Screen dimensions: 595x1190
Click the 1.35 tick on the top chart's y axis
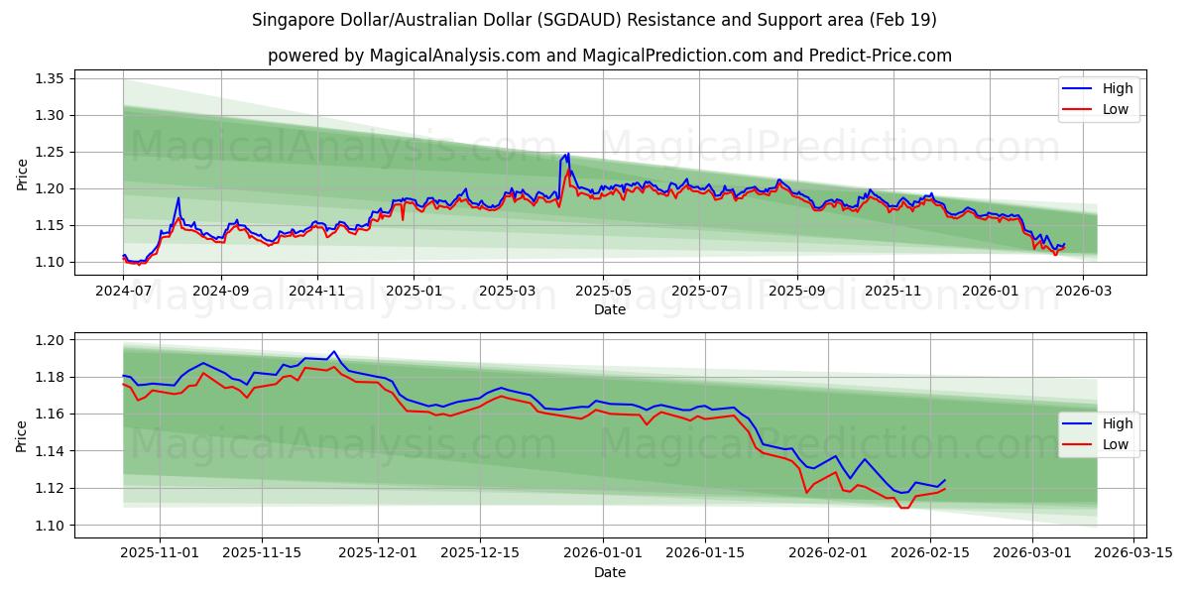point(50,79)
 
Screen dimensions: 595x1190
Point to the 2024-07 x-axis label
point(124,292)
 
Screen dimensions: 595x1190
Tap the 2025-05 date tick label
point(603,292)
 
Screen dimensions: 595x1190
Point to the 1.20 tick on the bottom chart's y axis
point(50,340)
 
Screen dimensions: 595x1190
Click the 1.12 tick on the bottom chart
point(50,488)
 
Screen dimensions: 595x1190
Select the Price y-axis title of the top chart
point(23,175)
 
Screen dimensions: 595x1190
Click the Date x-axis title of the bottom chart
point(609,572)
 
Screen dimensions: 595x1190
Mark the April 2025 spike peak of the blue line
point(568,154)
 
